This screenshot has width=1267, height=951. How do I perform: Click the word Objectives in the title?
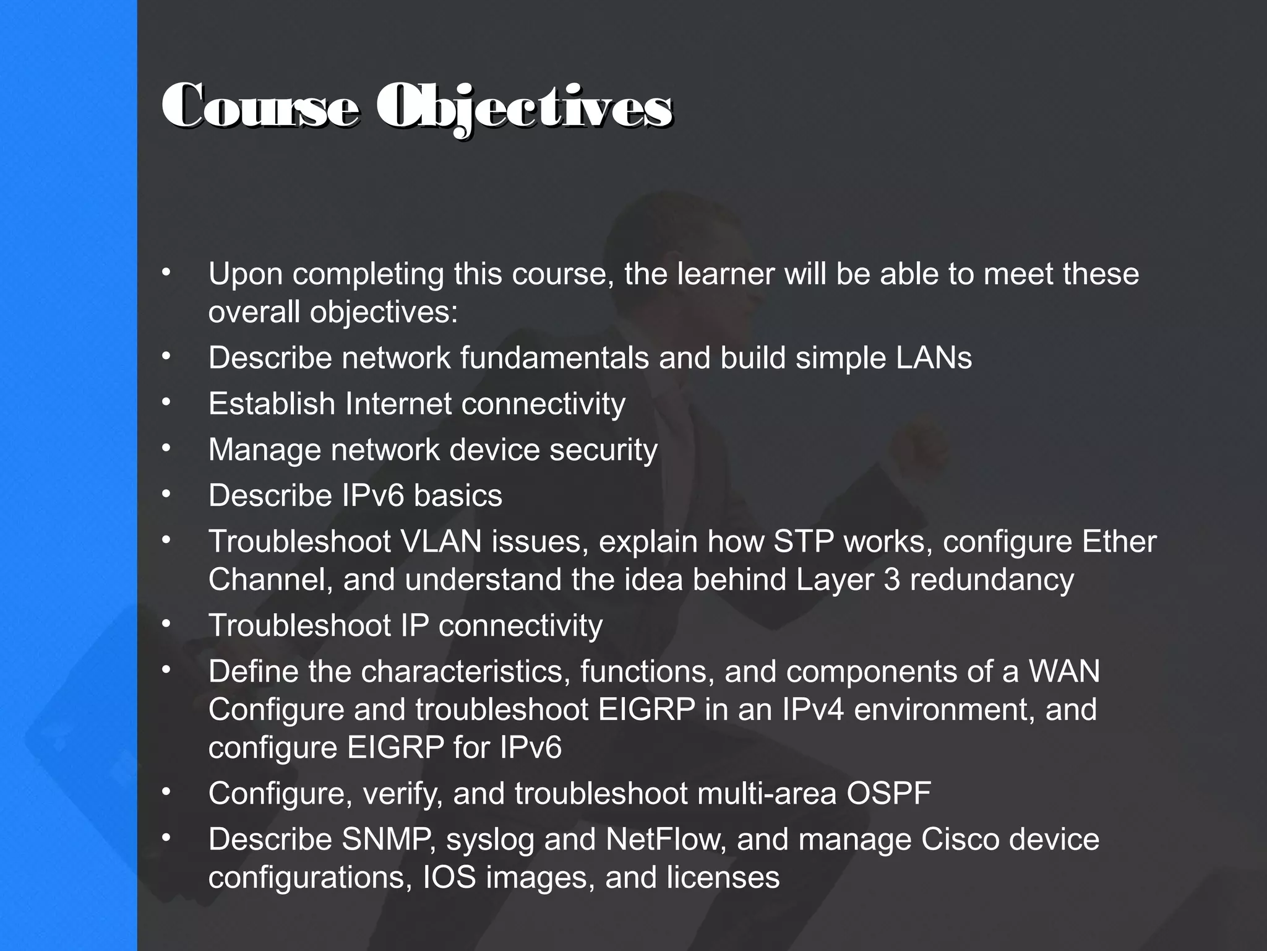(x=525, y=108)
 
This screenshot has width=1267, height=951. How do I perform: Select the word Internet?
(x=398, y=404)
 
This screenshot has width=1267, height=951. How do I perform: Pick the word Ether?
(x=1119, y=541)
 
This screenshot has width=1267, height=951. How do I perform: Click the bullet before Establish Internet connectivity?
(x=166, y=402)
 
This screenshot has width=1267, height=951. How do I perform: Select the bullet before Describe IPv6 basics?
(x=166, y=494)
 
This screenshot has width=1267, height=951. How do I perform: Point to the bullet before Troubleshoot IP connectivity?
(x=166, y=624)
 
